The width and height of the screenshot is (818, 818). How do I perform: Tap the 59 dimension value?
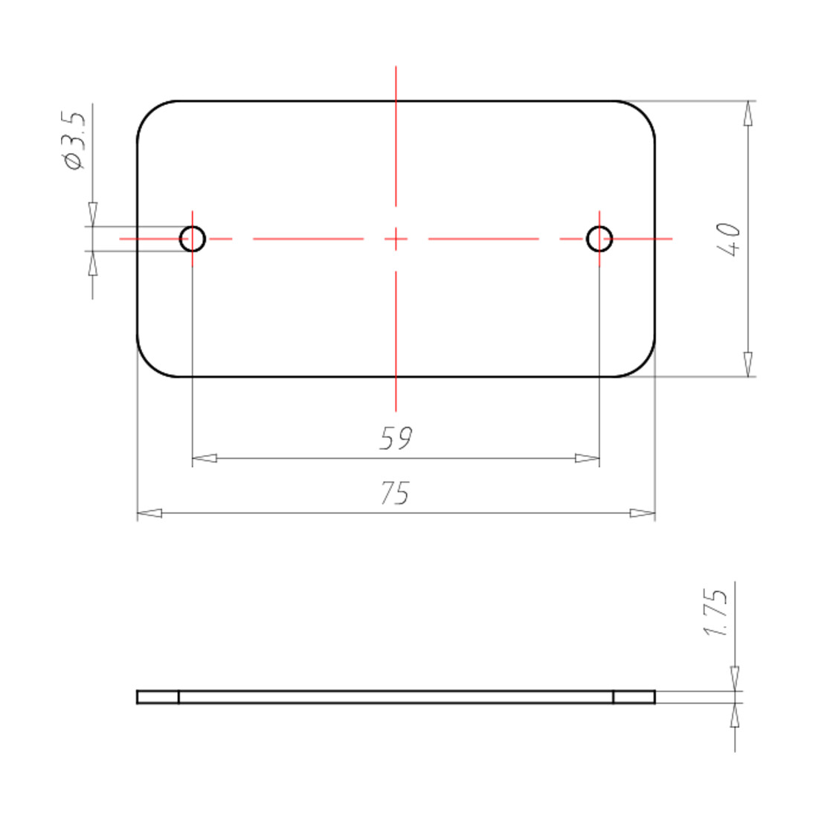coord(396,438)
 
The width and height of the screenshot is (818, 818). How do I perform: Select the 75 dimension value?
coord(395,493)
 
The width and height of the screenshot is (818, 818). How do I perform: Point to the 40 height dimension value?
coord(729,239)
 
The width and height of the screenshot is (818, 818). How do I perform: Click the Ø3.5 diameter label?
coord(74,141)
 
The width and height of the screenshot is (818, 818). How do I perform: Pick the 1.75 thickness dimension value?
coord(715,613)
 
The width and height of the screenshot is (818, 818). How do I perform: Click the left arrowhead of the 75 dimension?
coord(149,513)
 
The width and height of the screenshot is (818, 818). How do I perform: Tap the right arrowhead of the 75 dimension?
coord(643,513)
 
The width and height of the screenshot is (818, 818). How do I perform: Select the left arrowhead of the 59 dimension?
coord(205,459)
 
